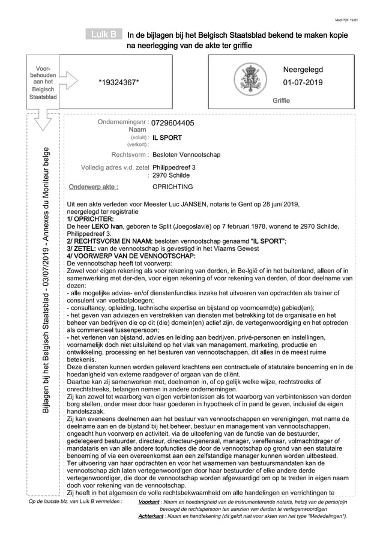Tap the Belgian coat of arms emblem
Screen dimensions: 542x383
pos(249,80)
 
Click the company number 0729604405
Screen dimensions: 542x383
pos(172,123)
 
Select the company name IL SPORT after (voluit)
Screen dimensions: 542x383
pos(163,137)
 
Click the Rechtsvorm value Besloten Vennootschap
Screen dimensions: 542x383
pos(186,155)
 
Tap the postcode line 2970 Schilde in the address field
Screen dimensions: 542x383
pos(170,175)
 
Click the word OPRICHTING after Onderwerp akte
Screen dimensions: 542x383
pos(172,187)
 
